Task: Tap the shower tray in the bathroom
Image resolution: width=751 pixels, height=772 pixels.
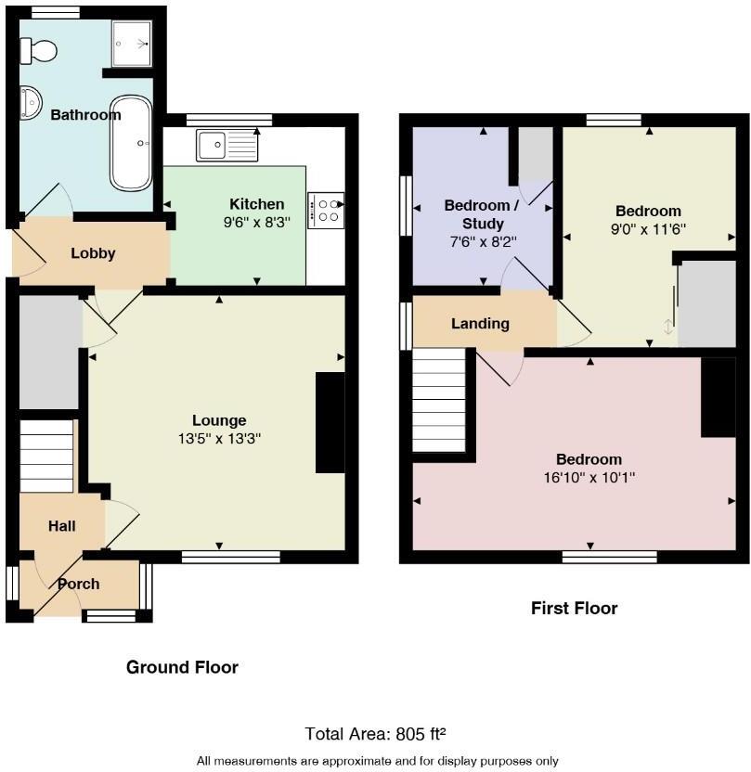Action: pos(132,43)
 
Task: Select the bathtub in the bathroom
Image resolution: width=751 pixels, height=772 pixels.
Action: pos(131,143)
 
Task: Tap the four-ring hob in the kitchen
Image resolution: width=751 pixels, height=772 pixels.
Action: pos(325,210)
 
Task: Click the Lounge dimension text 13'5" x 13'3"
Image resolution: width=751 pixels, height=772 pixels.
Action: pos(219,439)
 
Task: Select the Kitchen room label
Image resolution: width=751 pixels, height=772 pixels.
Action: pos(257,204)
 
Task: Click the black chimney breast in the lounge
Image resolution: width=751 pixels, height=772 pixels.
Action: pos(330,423)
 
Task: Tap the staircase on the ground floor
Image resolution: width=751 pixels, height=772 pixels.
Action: pos(46,456)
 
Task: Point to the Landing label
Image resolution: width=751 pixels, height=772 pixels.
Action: pos(480,324)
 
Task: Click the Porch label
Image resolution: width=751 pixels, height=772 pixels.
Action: pos(79,584)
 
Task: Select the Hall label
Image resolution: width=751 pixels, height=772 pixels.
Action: pos(62,526)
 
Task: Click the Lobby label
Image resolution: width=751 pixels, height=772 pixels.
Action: pos(94,253)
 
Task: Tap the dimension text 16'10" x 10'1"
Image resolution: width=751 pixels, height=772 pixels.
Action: pos(589,479)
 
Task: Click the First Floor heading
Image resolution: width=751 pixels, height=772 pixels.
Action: pos(574,609)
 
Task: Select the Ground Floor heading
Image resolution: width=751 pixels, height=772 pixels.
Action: pos(182,667)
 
